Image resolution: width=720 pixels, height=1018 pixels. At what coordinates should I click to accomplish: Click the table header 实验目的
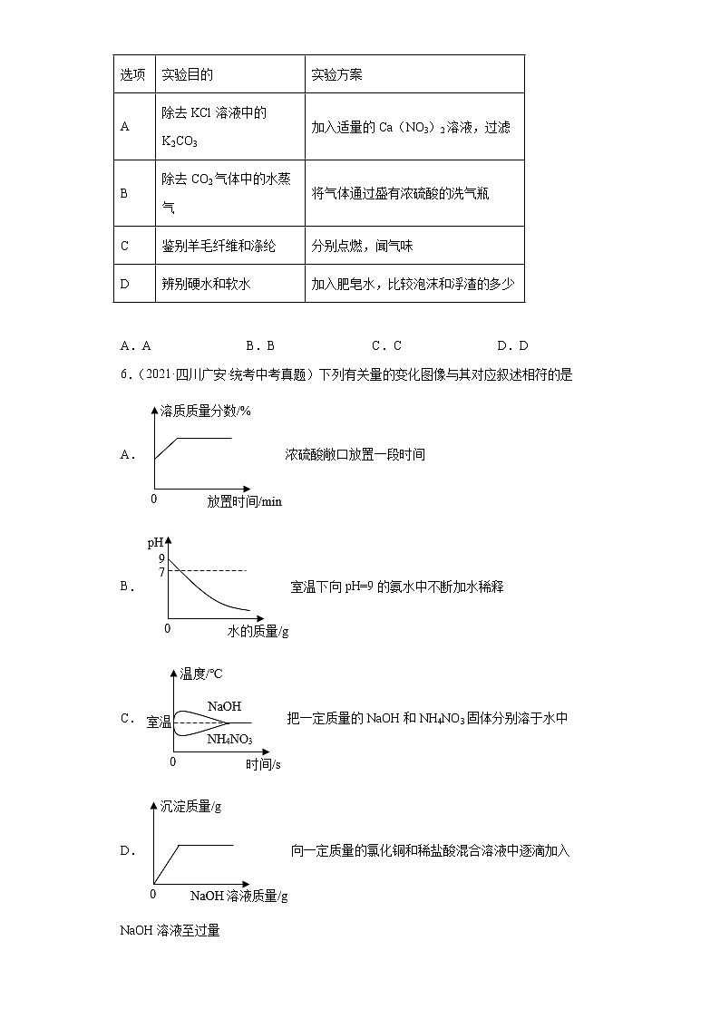186,74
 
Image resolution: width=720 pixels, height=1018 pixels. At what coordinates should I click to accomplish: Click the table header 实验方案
336,74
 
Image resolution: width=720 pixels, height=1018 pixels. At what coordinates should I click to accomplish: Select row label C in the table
125,246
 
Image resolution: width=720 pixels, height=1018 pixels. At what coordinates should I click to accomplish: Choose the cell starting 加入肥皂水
413,284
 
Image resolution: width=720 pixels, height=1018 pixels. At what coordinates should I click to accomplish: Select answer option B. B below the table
259,345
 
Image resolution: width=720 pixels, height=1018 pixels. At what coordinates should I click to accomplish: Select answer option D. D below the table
512,345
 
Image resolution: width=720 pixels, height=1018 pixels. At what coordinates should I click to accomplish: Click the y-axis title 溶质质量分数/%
206,411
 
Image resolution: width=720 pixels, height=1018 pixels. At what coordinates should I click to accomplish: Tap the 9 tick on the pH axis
161,558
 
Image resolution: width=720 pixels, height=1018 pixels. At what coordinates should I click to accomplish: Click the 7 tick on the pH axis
161,572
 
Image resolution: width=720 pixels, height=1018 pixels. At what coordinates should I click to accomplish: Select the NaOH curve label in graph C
224,705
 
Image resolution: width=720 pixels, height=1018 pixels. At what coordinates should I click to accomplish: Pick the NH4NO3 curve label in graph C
229,739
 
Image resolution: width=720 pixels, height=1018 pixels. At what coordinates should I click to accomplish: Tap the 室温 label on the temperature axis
159,722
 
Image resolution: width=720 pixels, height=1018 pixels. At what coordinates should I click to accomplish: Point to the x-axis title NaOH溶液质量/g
239,896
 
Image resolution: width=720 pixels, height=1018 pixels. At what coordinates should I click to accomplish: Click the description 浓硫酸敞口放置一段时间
355,454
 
